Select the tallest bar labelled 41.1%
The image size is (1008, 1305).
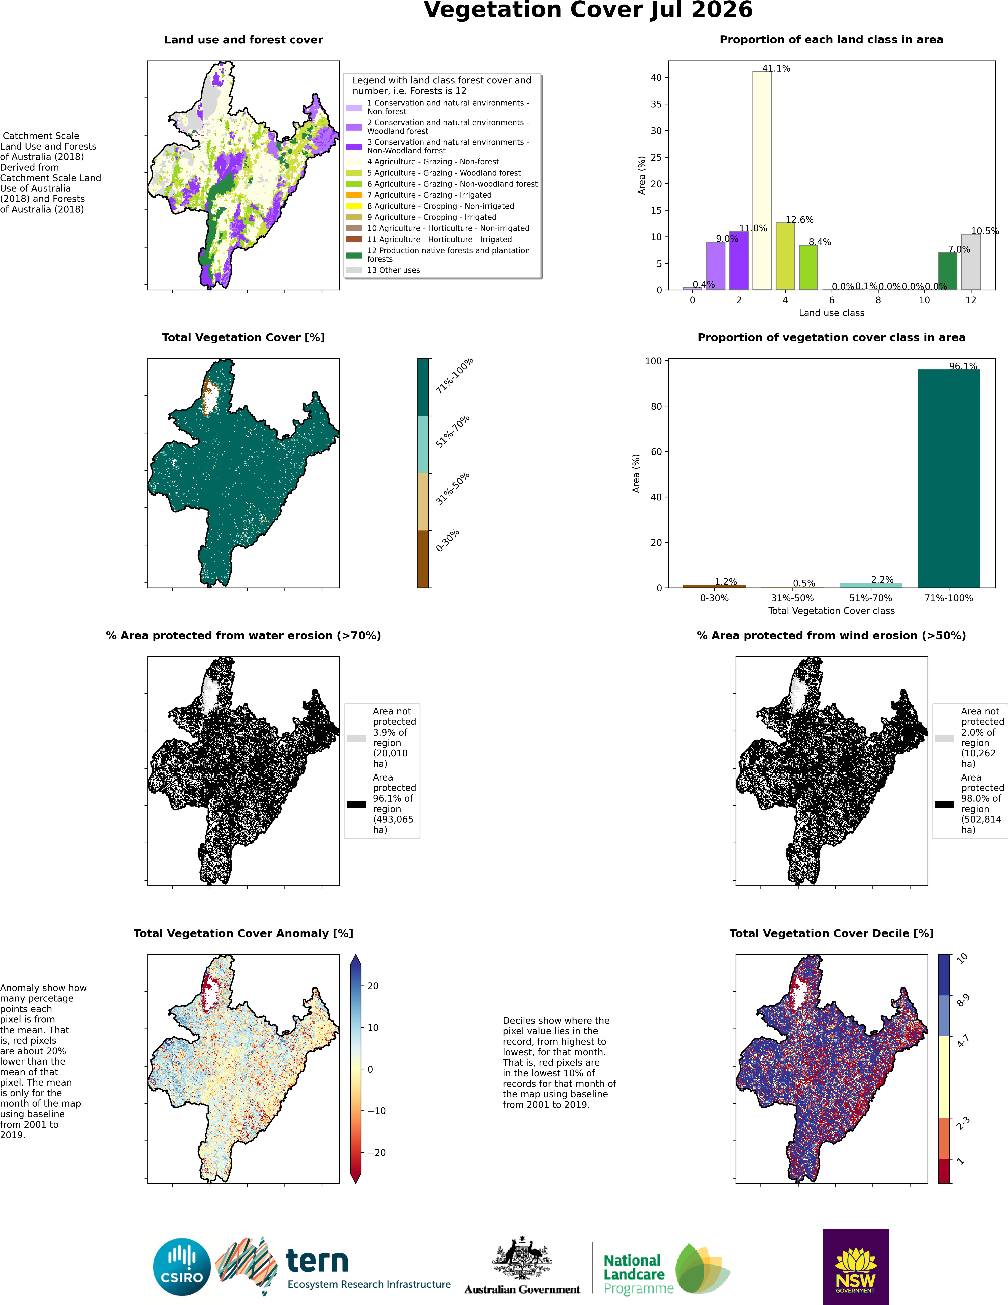click(x=762, y=180)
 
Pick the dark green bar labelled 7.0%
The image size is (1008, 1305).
click(x=948, y=271)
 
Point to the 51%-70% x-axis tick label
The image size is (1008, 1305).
click(x=871, y=598)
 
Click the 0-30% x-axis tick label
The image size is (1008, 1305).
click(x=715, y=598)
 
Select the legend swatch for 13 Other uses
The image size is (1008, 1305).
click(x=354, y=270)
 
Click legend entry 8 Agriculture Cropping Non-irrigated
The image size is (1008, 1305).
click(x=440, y=206)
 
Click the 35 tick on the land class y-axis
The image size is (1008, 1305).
click(x=656, y=104)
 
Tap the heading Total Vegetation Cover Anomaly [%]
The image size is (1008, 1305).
click(x=243, y=933)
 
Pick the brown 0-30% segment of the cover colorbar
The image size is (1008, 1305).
click(x=423, y=559)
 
